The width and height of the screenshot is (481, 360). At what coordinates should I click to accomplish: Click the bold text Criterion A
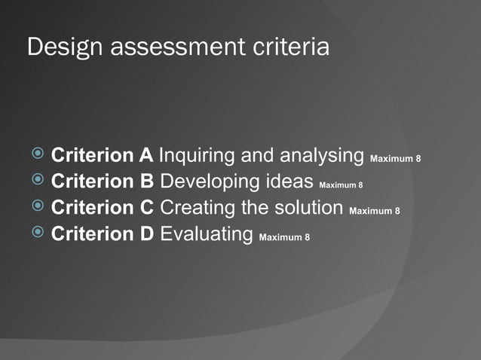102,156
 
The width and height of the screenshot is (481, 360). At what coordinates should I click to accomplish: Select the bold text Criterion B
102,182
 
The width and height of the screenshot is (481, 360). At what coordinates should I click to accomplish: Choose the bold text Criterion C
102,207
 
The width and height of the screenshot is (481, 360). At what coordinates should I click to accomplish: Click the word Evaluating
206,233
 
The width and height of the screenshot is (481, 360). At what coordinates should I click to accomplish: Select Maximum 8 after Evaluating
283,238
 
